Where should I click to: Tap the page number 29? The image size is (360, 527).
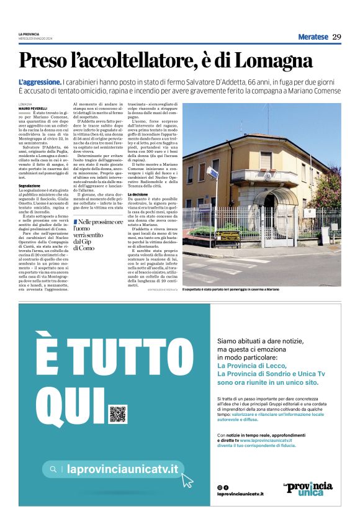336,37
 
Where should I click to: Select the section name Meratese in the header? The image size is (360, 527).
313,37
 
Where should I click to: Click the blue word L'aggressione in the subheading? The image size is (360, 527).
40,82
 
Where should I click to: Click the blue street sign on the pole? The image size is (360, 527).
213,170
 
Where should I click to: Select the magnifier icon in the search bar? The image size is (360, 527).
54,469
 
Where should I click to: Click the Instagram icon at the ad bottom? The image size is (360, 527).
219,487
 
